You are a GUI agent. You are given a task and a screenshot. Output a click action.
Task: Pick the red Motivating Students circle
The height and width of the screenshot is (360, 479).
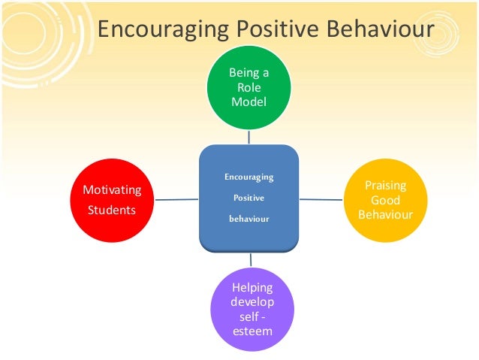point(112,199)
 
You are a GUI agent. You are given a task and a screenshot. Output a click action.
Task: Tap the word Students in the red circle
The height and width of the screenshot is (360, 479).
point(112,210)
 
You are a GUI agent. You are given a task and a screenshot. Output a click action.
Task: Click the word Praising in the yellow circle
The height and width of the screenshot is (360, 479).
point(386,185)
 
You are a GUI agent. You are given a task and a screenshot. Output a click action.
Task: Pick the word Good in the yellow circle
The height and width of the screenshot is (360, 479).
point(386,201)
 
